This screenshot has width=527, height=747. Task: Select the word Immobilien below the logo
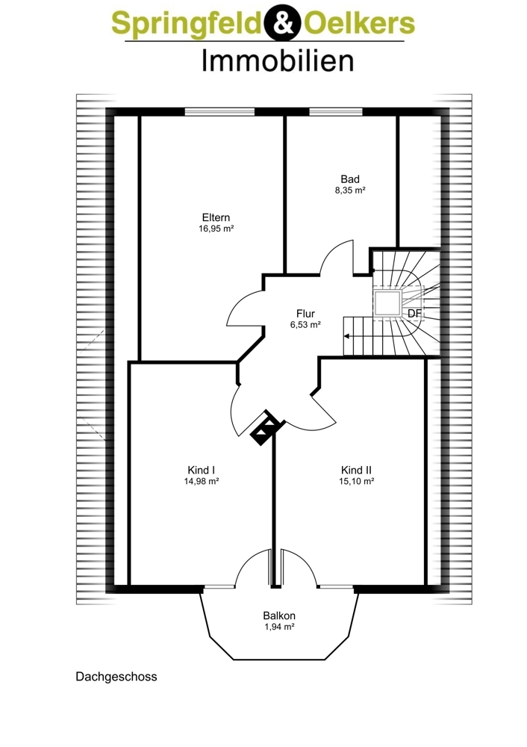[x=278, y=62]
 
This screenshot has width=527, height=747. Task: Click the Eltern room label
[x=216, y=218]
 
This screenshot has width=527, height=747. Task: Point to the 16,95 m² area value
[x=216, y=229]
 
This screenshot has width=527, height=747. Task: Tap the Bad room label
[x=350, y=179]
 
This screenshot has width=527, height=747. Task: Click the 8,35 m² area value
[x=350, y=190]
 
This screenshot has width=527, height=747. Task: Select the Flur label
[x=305, y=314]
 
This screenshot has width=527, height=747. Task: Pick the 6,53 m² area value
[x=305, y=325]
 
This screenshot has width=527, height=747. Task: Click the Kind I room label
[x=201, y=470]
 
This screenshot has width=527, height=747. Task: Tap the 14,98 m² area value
[x=202, y=481]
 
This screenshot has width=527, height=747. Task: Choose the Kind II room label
[x=356, y=470]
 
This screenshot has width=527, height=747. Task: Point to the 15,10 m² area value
[x=356, y=481]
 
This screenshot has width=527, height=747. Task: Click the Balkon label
[x=279, y=616]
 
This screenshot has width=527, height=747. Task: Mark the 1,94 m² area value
[x=279, y=627]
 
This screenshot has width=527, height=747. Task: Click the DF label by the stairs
[x=414, y=314]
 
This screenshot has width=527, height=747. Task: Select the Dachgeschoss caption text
[x=116, y=677]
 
